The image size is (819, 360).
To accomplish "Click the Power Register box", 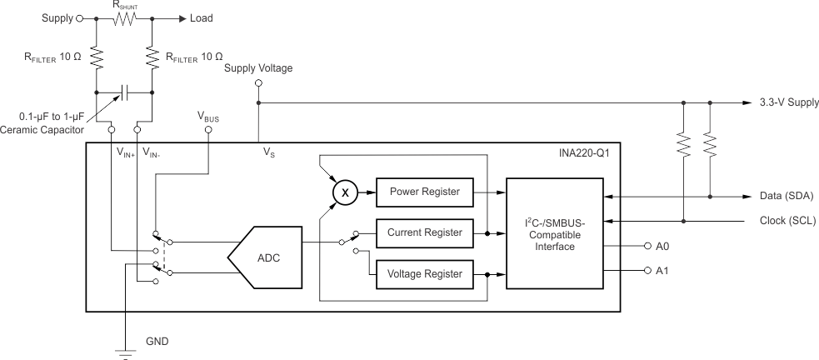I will (x=424, y=191).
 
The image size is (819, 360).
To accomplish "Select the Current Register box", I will (x=424, y=232).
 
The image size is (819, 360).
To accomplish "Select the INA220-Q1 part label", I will (x=587, y=153).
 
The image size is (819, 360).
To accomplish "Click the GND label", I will (x=158, y=341).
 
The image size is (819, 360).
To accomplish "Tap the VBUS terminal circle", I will (x=208, y=130).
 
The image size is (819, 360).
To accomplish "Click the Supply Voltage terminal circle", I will (x=258, y=83).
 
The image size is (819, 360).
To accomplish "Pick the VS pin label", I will (x=268, y=152).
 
